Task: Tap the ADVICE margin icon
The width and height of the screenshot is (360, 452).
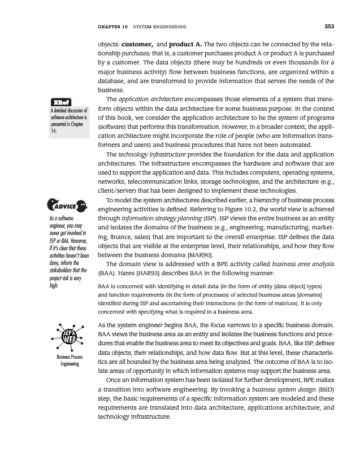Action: tap(62, 204)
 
